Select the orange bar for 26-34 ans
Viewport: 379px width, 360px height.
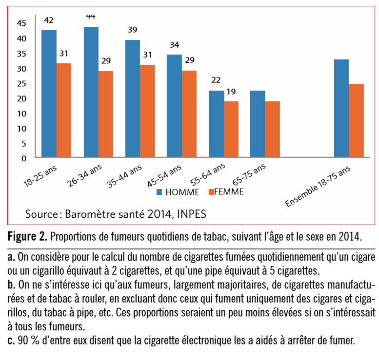tap(105, 114)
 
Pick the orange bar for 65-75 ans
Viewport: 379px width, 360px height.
tap(272, 130)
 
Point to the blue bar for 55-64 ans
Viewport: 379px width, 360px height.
tap(217, 124)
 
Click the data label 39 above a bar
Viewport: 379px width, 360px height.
tap(133, 30)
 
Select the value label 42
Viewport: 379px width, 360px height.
tap(48, 20)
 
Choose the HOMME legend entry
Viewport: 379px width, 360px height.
tap(178, 192)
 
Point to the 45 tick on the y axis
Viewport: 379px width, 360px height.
tap(21, 23)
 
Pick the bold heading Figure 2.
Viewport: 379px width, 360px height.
tap(27, 237)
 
